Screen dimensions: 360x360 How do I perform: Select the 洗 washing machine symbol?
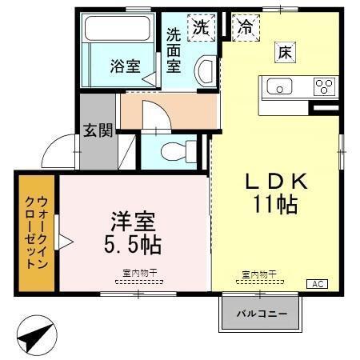(200, 26)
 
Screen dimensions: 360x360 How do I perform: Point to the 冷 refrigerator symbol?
(244, 26)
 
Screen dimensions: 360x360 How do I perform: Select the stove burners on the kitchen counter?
(324, 86)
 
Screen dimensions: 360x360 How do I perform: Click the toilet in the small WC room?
(175, 150)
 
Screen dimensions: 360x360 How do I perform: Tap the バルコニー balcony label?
(261, 313)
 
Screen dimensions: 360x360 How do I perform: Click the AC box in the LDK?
(317, 283)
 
